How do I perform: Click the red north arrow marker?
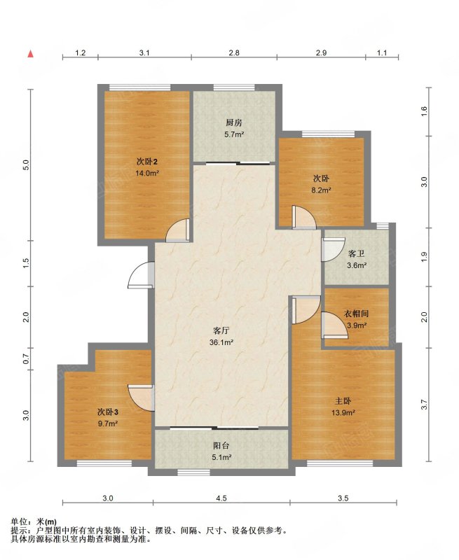coord(32,54)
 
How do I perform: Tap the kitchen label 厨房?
coord(234,123)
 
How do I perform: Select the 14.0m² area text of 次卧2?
coord(147,174)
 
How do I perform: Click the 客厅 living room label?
coord(221,330)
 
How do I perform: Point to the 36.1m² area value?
coord(221,342)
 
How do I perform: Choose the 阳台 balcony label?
coord(221,445)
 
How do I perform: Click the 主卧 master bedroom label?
coord(343,400)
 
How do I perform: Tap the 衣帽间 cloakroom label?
coord(356,314)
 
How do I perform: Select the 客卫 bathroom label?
coord(357,253)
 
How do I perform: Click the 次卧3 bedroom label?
coord(108,412)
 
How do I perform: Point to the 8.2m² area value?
coord(321,190)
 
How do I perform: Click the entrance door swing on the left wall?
coord(141,274)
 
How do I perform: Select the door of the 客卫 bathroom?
coord(332,249)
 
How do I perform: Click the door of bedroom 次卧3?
coord(141,398)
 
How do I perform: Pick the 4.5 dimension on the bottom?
coord(221,498)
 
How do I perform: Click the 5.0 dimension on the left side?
coord(25,165)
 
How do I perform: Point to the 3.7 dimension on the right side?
coord(425,405)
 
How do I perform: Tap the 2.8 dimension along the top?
coord(234,53)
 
